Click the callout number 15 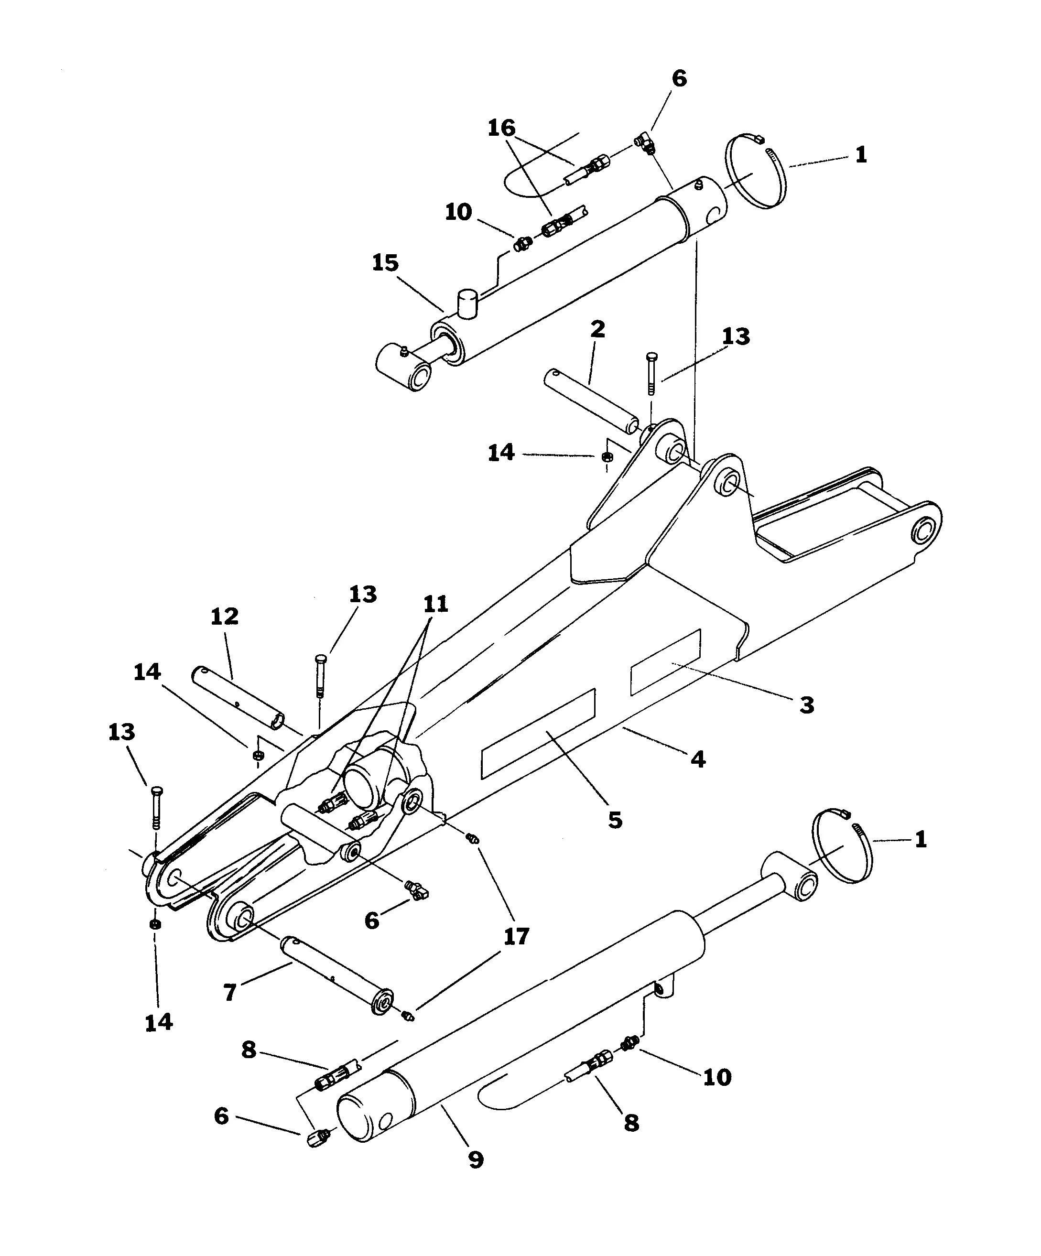pos(385,263)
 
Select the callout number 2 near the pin pos(597,329)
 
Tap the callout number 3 pos(806,705)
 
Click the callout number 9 pos(476,1160)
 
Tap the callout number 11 pos(435,604)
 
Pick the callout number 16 pos(501,128)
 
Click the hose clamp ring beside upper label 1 pos(756,172)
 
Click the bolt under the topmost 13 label pos(651,373)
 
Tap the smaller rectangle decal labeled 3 pos(665,662)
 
